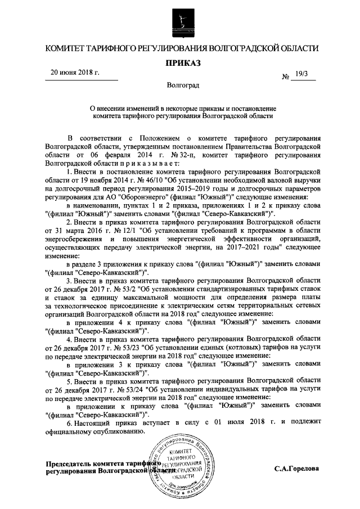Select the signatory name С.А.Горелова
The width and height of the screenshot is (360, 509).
(296, 469)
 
